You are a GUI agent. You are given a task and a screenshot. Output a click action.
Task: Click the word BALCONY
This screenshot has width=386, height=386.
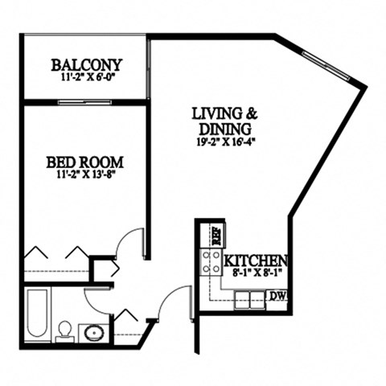click(86, 64)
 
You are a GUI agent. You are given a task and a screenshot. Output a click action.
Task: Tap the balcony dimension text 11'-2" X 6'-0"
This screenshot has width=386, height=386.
click(86, 79)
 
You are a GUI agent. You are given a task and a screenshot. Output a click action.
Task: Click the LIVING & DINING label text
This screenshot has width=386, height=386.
click(223, 121)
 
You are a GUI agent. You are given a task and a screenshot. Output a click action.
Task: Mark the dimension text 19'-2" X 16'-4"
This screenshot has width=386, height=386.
click(223, 142)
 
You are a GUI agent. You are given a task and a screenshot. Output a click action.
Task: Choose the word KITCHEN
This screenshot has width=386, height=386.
click(256, 261)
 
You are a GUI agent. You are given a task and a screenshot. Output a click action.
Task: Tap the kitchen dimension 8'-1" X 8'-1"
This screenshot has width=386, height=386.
click(256, 273)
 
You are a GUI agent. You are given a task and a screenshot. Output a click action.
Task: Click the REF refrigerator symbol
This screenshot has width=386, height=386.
click(215, 235)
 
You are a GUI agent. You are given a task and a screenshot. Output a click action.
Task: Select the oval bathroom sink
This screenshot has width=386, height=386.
click(93, 332)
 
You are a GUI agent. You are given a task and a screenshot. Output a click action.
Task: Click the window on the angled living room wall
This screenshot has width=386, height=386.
click(326, 58)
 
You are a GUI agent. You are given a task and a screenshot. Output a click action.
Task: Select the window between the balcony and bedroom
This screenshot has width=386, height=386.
click(84, 101)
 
